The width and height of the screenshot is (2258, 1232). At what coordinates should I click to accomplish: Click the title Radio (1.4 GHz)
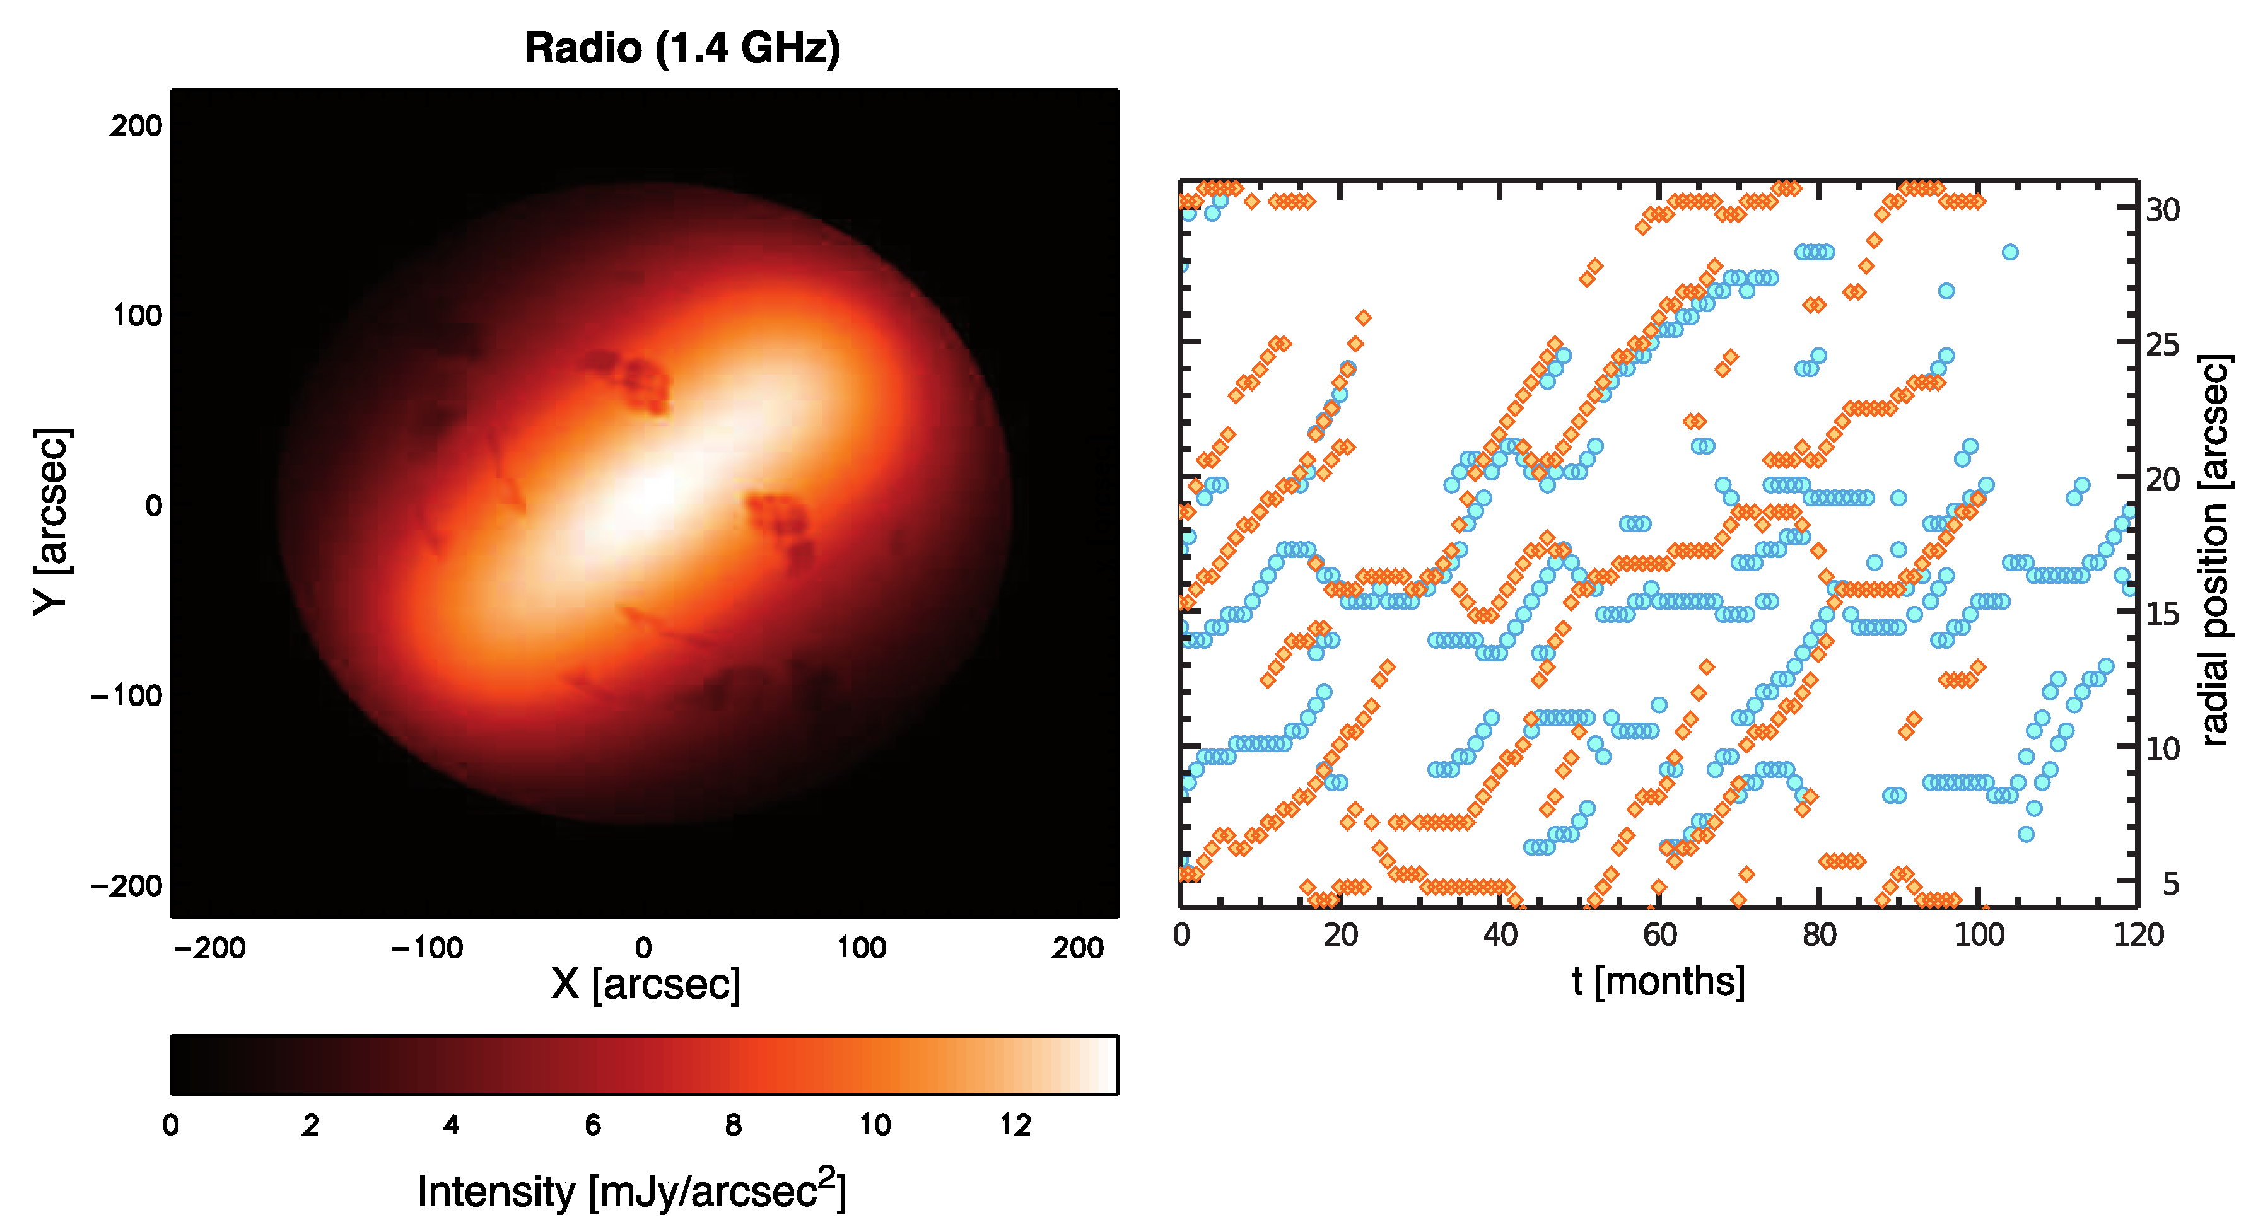point(682,47)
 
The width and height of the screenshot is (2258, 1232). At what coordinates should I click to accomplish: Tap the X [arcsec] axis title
point(646,984)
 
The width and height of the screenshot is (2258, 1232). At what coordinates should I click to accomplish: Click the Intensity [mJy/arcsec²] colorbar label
point(631,1191)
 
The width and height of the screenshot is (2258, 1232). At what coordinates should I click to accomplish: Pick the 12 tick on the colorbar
point(1016,1125)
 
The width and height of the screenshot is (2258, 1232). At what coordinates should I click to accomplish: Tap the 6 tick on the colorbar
point(592,1125)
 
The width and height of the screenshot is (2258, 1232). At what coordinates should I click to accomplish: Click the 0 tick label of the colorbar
point(171,1125)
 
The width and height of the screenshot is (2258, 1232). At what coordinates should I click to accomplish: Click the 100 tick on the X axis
point(862,947)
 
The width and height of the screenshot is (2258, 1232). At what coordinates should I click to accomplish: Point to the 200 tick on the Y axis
point(136,126)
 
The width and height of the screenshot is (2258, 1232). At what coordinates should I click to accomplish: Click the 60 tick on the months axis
point(1659,935)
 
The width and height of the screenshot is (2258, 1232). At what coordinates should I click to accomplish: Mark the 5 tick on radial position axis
point(2170,884)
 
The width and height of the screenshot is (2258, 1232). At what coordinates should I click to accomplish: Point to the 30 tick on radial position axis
point(2163,211)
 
